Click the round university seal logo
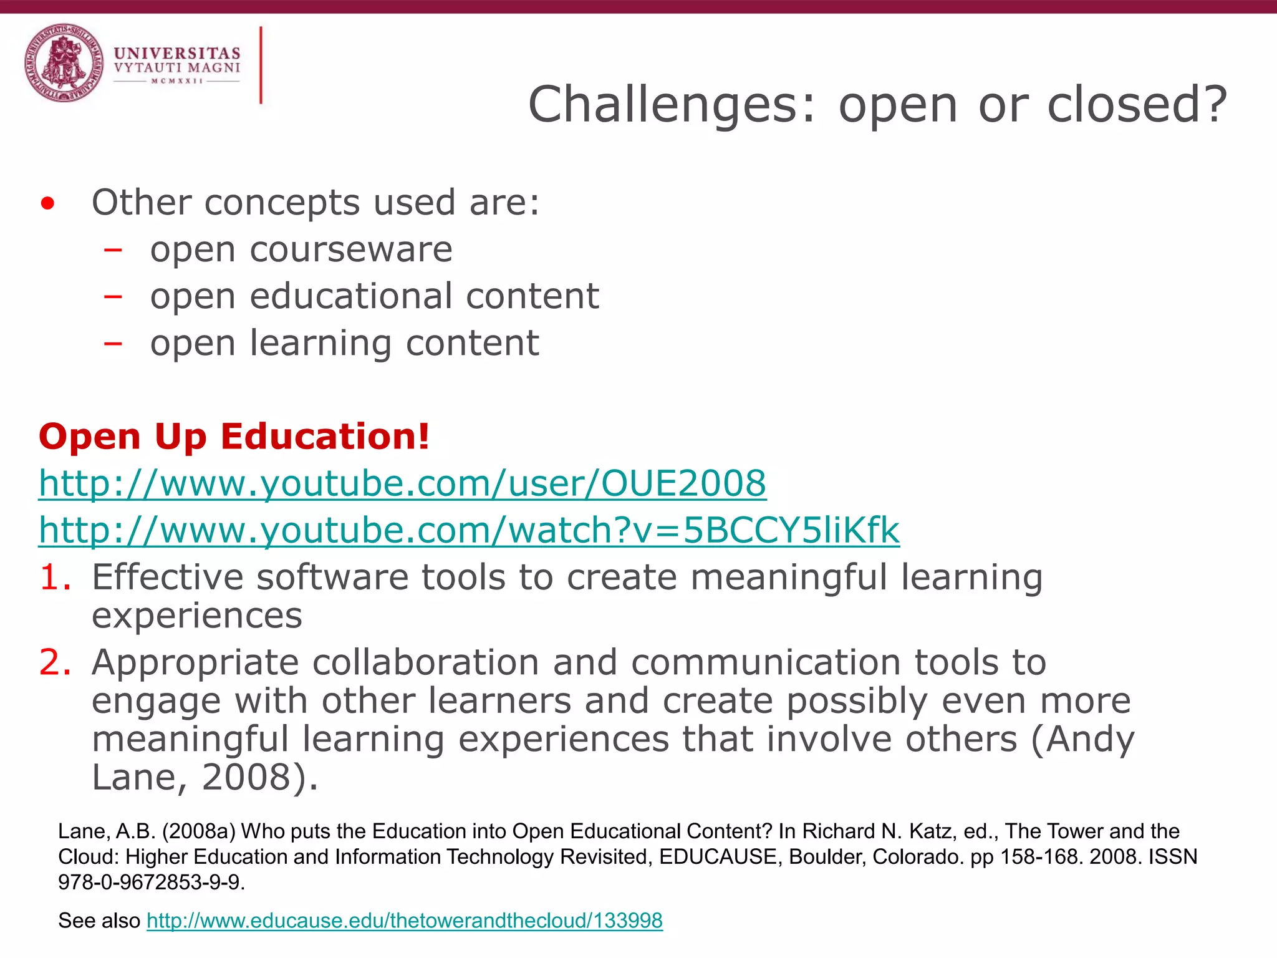[x=64, y=63]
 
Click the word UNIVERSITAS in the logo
[x=177, y=54]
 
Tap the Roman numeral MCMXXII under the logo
[x=177, y=81]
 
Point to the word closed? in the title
[x=1137, y=105]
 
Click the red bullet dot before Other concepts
[x=47, y=204]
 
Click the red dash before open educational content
[x=113, y=296]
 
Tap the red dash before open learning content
[x=113, y=343]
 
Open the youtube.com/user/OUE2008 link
[x=402, y=483]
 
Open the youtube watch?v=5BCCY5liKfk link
[x=469, y=530]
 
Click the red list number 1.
[x=55, y=577]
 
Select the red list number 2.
[x=55, y=662]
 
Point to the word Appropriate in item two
[x=195, y=662]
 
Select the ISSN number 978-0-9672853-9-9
[x=149, y=883]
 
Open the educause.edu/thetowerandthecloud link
[x=405, y=921]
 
